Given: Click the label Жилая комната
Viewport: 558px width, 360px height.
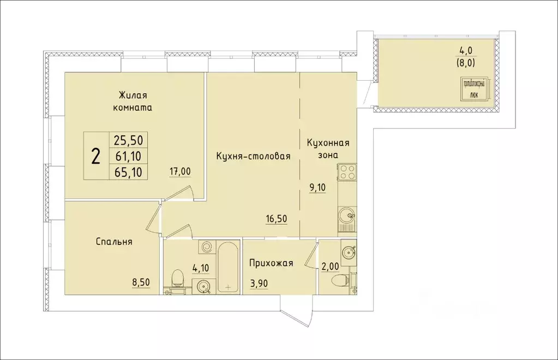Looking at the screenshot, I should point(132,101).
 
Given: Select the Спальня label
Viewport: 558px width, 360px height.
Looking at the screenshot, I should point(114,241).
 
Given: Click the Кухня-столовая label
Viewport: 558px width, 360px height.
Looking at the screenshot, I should point(252,156).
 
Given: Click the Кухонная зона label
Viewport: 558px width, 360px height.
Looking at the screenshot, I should point(328,149).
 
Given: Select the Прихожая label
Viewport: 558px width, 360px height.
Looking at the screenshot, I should point(271,263).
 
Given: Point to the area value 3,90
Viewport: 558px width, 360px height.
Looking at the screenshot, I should point(260,283).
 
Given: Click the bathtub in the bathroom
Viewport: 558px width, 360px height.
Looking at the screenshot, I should point(227,267).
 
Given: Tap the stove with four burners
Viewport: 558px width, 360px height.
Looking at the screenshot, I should point(346,173).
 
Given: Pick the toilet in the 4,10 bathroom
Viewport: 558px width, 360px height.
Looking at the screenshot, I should point(177,279).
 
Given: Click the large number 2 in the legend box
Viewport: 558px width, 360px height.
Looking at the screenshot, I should point(96,157).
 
